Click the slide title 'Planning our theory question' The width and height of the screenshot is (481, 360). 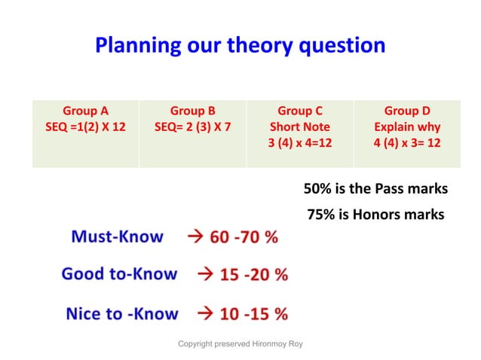click(x=240, y=46)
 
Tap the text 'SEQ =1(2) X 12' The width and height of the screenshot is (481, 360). click(x=85, y=127)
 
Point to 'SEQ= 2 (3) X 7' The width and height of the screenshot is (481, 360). click(x=192, y=127)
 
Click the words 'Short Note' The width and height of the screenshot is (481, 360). click(x=300, y=127)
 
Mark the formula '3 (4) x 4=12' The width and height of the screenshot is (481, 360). click(x=300, y=143)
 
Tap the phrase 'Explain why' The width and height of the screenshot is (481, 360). click(x=407, y=127)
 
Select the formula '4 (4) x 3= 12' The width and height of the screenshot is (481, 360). click(x=407, y=143)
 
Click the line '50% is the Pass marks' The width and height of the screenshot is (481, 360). click(x=375, y=188)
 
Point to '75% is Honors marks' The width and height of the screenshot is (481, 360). click(x=375, y=215)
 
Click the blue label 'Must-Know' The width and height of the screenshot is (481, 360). click(x=117, y=236)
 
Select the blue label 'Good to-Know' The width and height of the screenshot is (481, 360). click(x=119, y=274)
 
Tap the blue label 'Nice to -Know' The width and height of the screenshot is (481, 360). click(x=122, y=313)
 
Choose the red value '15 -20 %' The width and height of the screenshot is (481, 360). click(x=253, y=275)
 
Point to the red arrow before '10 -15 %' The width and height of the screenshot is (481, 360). click(x=204, y=313)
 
